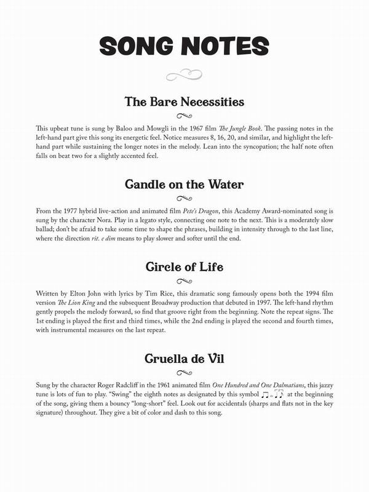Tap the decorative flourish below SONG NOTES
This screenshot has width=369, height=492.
point(184,76)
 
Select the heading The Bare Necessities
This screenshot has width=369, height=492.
point(184,101)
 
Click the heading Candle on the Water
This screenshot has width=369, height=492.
point(184,184)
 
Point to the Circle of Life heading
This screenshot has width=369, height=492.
point(184,267)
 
